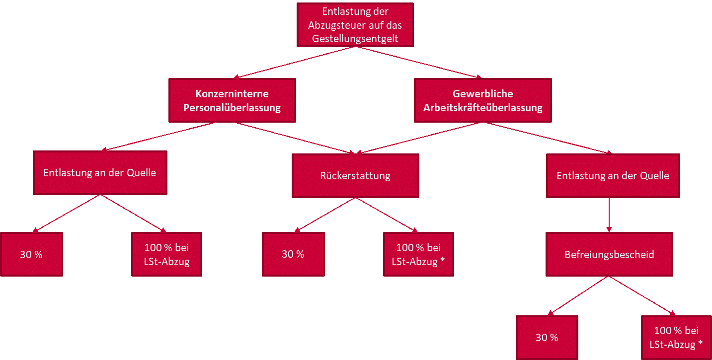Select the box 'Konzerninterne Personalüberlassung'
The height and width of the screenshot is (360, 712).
[x=232, y=100]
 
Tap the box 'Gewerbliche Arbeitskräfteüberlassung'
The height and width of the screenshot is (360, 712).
[x=482, y=100]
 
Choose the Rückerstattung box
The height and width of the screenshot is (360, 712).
[x=355, y=176]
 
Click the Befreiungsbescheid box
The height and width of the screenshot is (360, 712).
[x=609, y=255]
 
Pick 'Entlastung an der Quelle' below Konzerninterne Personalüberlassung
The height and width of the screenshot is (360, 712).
[x=100, y=173]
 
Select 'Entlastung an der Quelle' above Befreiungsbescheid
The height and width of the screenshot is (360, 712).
[x=613, y=176]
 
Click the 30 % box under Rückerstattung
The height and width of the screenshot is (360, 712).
[x=293, y=254]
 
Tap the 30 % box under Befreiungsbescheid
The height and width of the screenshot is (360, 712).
[x=547, y=338]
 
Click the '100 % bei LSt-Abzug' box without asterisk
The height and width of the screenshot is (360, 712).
[x=166, y=254]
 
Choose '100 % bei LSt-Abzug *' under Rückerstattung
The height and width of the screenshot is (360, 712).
[x=418, y=254]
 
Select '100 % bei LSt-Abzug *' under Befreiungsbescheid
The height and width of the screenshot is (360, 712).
[x=676, y=338]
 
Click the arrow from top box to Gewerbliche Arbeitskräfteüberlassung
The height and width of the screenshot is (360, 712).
[x=418, y=62]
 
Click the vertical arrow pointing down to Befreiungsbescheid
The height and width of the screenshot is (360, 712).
[x=609, y=215]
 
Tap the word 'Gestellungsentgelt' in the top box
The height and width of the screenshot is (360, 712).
[x=355, y=38]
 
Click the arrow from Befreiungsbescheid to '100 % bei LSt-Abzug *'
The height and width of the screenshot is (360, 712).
[x=642, y=296]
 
